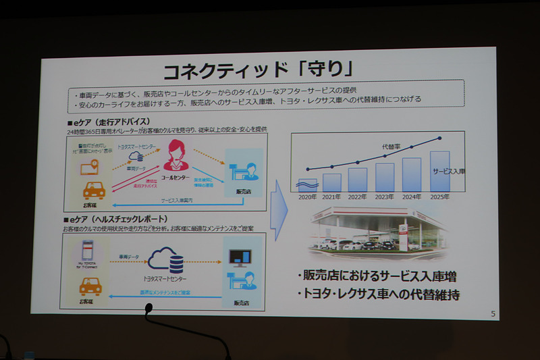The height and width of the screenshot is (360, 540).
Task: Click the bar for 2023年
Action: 384,177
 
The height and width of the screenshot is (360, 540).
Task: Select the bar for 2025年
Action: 439,171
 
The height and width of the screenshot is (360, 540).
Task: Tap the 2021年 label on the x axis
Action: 331,197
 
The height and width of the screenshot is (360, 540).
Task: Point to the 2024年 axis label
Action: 411,197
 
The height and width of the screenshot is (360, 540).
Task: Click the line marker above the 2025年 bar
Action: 440,138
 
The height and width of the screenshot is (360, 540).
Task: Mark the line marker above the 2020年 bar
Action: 307,169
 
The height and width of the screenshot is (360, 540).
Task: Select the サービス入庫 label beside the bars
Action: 448,172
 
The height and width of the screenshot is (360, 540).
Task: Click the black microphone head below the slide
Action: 148,308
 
